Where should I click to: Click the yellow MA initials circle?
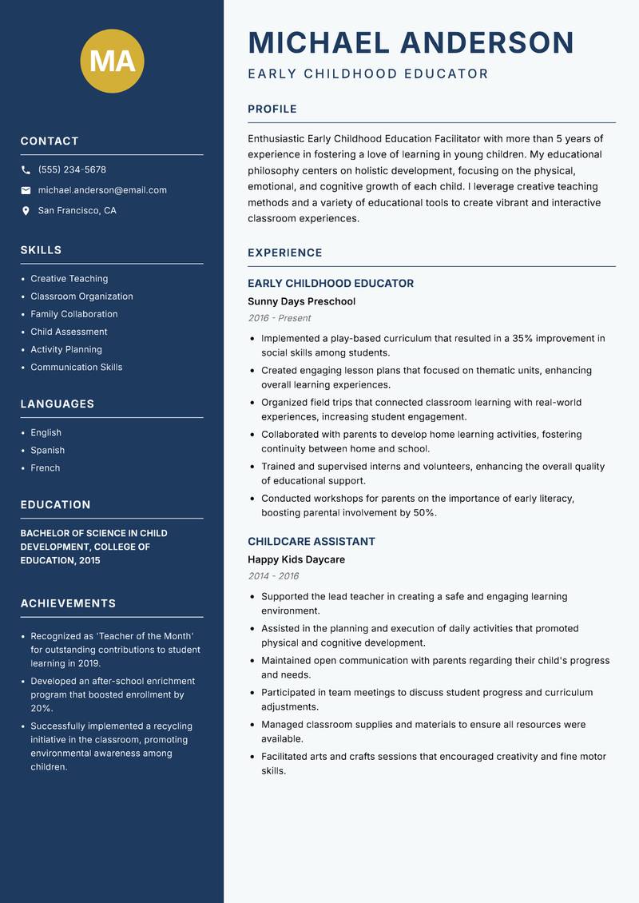(x=112, y=61)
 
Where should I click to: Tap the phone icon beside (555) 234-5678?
(x=26, y=170)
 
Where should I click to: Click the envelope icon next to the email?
(x=26, y=190)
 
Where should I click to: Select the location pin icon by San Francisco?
(x=26, y=211)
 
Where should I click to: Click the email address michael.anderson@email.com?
(x=102, y=190)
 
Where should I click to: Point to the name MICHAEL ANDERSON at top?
(x=411, y=42)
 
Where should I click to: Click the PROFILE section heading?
(x=272, y=109)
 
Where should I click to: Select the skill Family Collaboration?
(x=74, y=314)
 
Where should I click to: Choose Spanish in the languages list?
(x=48, y=450)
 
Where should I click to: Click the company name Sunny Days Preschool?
(x=301, y=301)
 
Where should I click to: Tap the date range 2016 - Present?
(x=280, y=318)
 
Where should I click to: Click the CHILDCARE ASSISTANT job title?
(x=312, y=541)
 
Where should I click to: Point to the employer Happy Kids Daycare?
(x=296, y=559)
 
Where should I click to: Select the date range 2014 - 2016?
(x=273, y=576)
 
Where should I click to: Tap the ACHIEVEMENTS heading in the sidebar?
(x=68, y=603)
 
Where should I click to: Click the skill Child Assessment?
(x=69, y=332)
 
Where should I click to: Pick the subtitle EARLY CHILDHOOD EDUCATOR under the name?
(x=368, y=74)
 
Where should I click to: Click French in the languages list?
(x=46, y=467)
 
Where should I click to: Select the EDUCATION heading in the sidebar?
(x=56, y=504)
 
